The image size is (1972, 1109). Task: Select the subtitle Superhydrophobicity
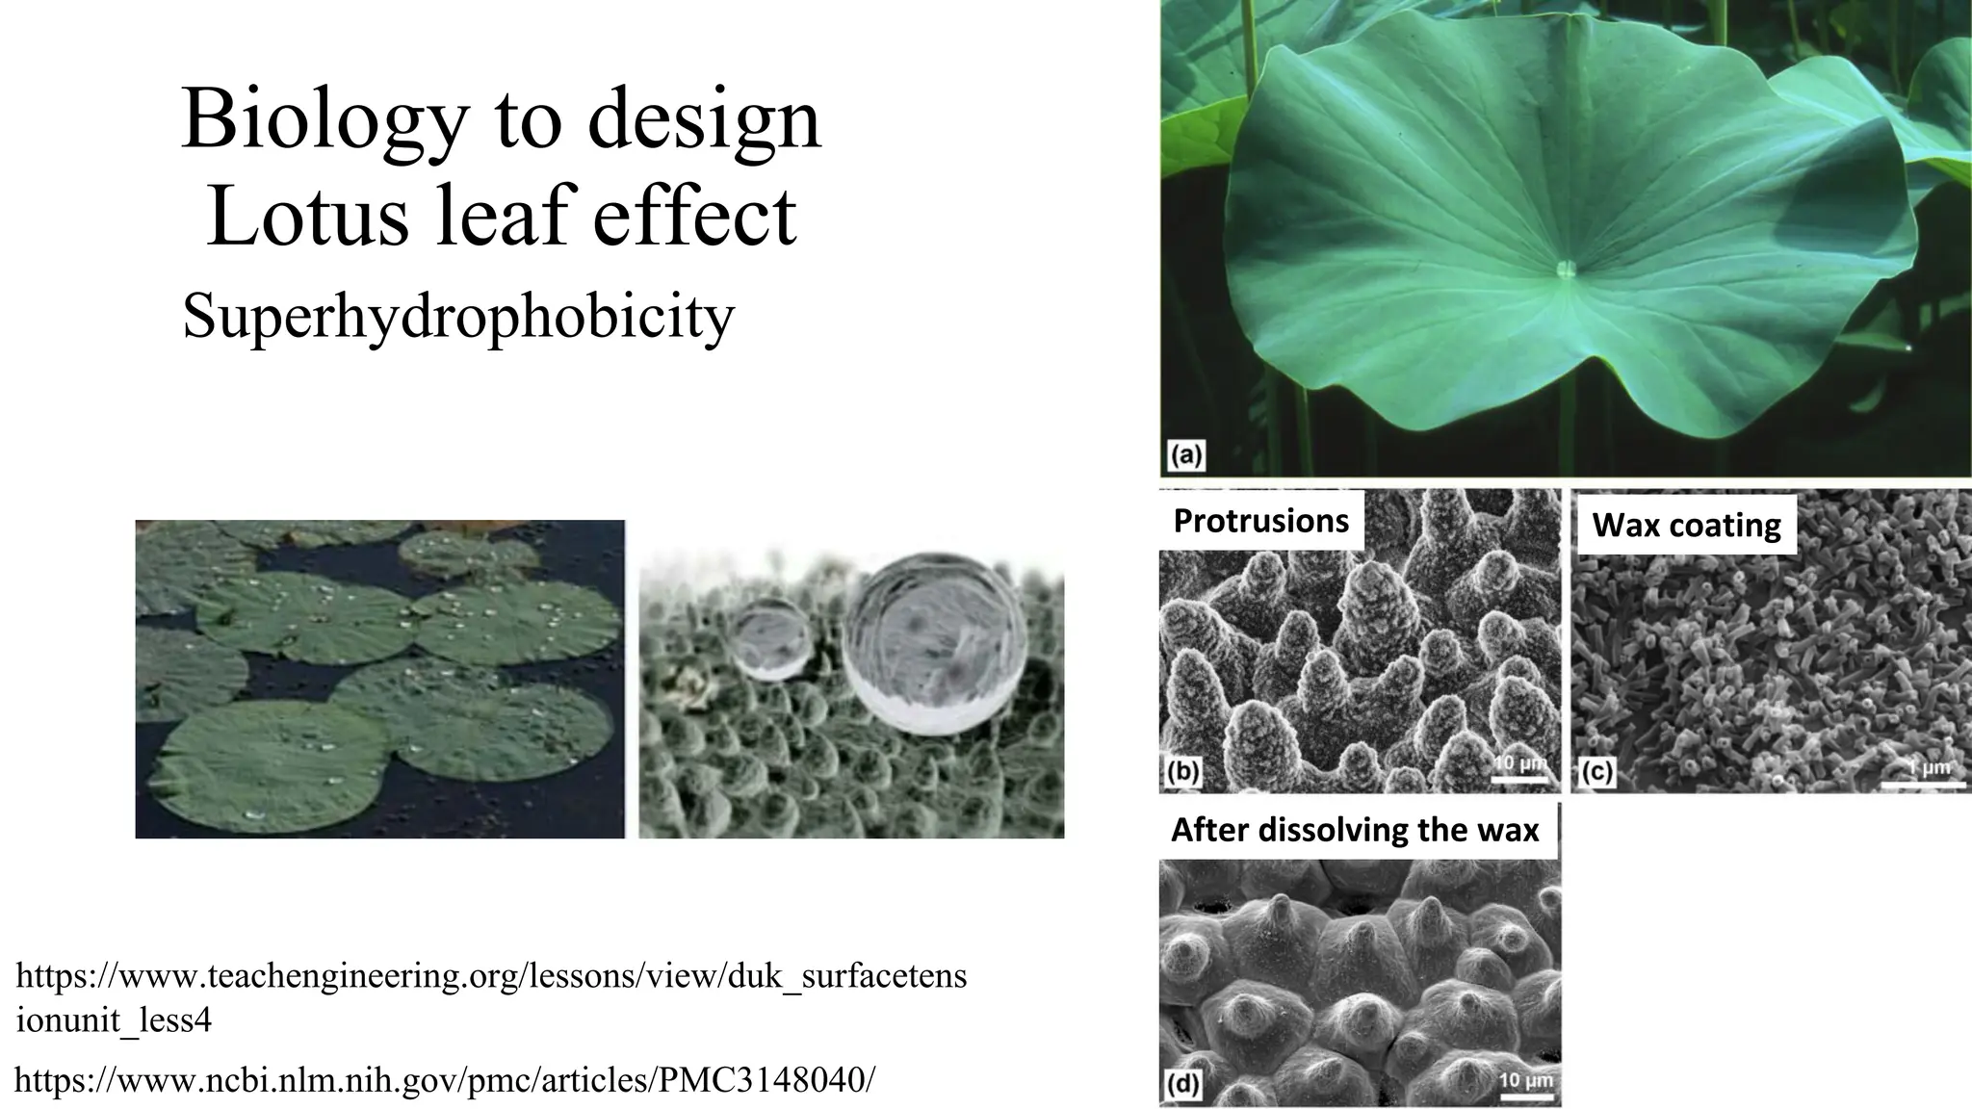pyautogui.click(x=458, y=315)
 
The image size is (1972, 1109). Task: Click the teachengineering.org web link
pyautogui.click(x=491, y=996)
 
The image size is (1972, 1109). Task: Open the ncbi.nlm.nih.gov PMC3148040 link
pyautogui.click(x=445, y=1080)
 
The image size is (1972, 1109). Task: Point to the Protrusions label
pyautogui.click(x=1260, y=521)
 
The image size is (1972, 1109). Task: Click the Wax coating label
pyautogui.click(x=1686, y=526)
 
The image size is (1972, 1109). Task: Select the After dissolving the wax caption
pyautogui.click(x=1355, y=830)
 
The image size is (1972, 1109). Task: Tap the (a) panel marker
pyautogui.click(x=1186, y=454)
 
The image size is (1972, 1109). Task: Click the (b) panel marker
pyautogui.click(x=1182, y=772)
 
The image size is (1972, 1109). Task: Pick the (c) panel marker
pyautogui.click(x=1596, y=772)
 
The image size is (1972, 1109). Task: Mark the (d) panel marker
pyautogui.click(x=1182, y=1085)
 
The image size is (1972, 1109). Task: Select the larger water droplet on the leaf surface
pyautogui.click(x=934, y=644)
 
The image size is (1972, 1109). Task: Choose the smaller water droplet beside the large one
pyautogui.click(x=771, y=637)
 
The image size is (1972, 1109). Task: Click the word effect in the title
pyautogui.click(x=694, y=216)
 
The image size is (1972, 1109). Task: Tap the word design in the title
pyautogui.click(x=704, y=119)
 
